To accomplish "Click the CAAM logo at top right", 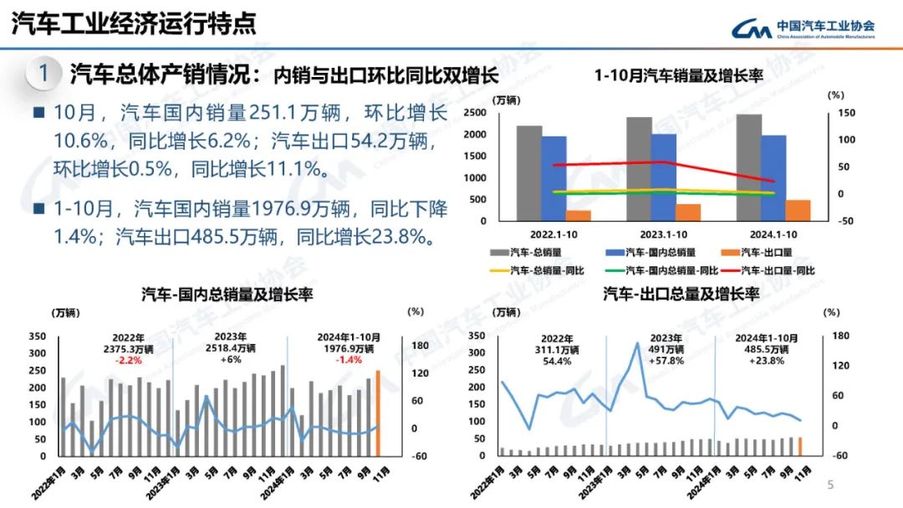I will coord(804,28).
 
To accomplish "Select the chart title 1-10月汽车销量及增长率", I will coord(678,75).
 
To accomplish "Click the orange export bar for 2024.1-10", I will coord(797,212).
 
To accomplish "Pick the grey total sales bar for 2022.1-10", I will coord(528,174).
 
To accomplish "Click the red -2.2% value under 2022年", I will coord(128,361).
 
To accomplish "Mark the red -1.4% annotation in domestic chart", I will coord(349,360).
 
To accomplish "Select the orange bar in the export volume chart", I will coord(800,448).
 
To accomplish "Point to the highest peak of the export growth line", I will coord(638,343).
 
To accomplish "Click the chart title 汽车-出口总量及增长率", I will coord(681,294).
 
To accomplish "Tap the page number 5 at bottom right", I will coord(830,485).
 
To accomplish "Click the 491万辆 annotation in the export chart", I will coord(666,349).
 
